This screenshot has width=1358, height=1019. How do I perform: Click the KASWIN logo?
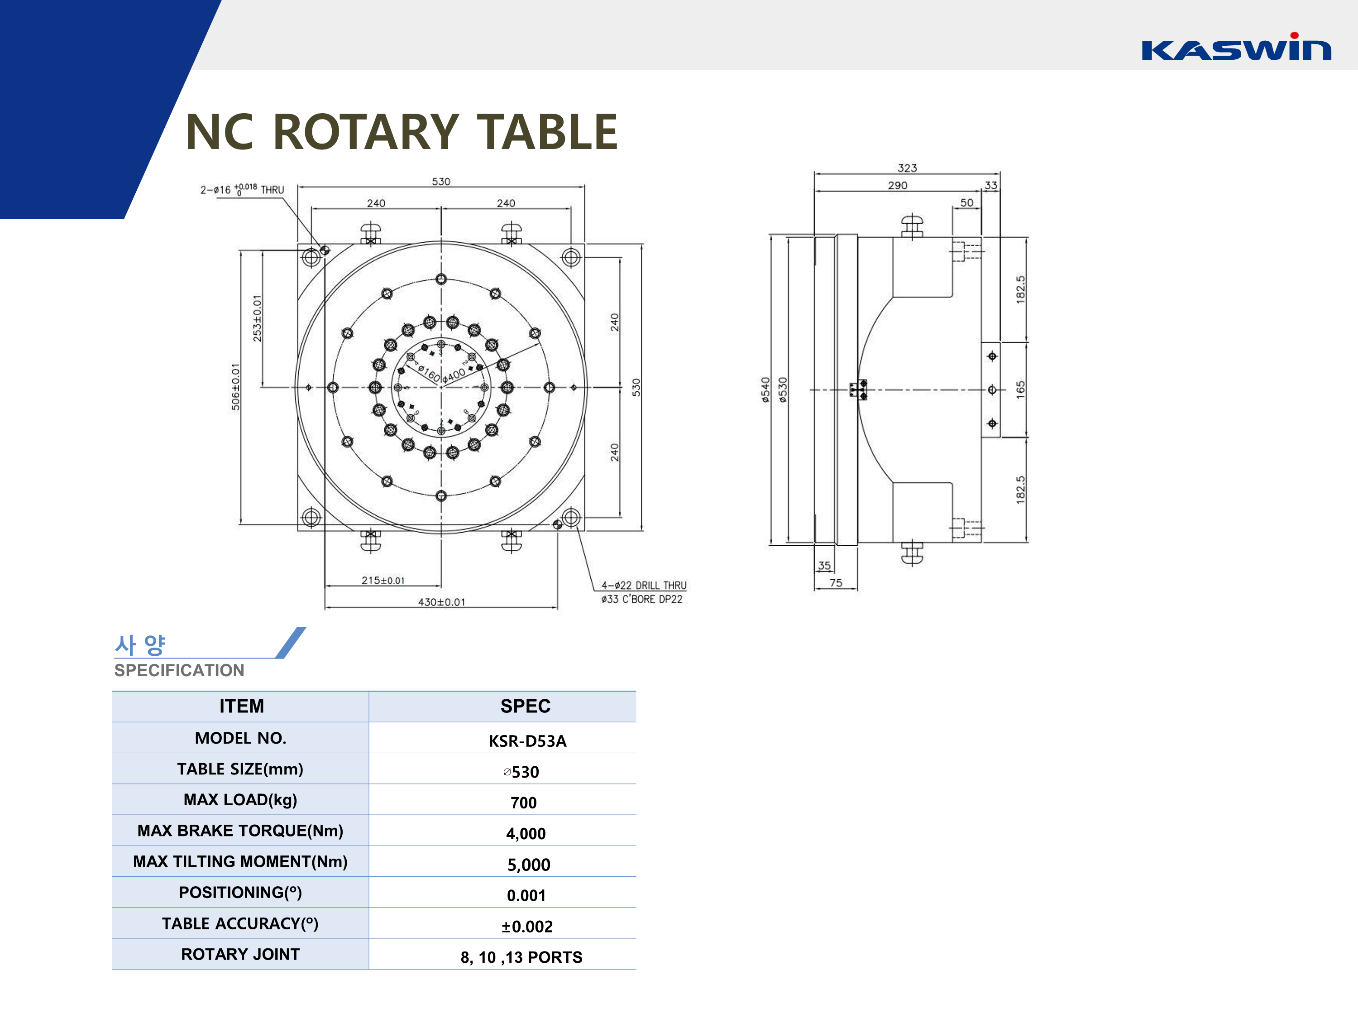1235,47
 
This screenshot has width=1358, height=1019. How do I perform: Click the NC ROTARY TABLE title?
401,132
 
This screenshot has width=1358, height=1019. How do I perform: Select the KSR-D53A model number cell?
527,741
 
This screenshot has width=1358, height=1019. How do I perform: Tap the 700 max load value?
523,802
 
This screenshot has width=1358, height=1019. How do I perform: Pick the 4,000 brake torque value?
526,833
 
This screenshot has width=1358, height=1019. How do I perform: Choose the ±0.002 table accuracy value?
527,926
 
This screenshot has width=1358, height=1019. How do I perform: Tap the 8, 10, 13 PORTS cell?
521,957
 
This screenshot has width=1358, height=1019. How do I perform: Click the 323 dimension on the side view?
907,168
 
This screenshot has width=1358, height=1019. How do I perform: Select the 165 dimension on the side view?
1020,389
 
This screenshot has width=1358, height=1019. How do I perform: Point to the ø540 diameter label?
765,389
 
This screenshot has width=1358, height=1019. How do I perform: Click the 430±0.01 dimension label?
441,602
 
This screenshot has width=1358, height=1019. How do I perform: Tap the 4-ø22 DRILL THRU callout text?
643,585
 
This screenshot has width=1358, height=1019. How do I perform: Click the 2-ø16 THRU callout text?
242,189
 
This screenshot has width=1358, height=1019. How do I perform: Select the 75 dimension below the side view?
836,582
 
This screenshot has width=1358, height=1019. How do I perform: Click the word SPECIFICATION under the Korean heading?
179,670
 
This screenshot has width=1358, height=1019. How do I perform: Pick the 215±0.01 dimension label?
383,580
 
